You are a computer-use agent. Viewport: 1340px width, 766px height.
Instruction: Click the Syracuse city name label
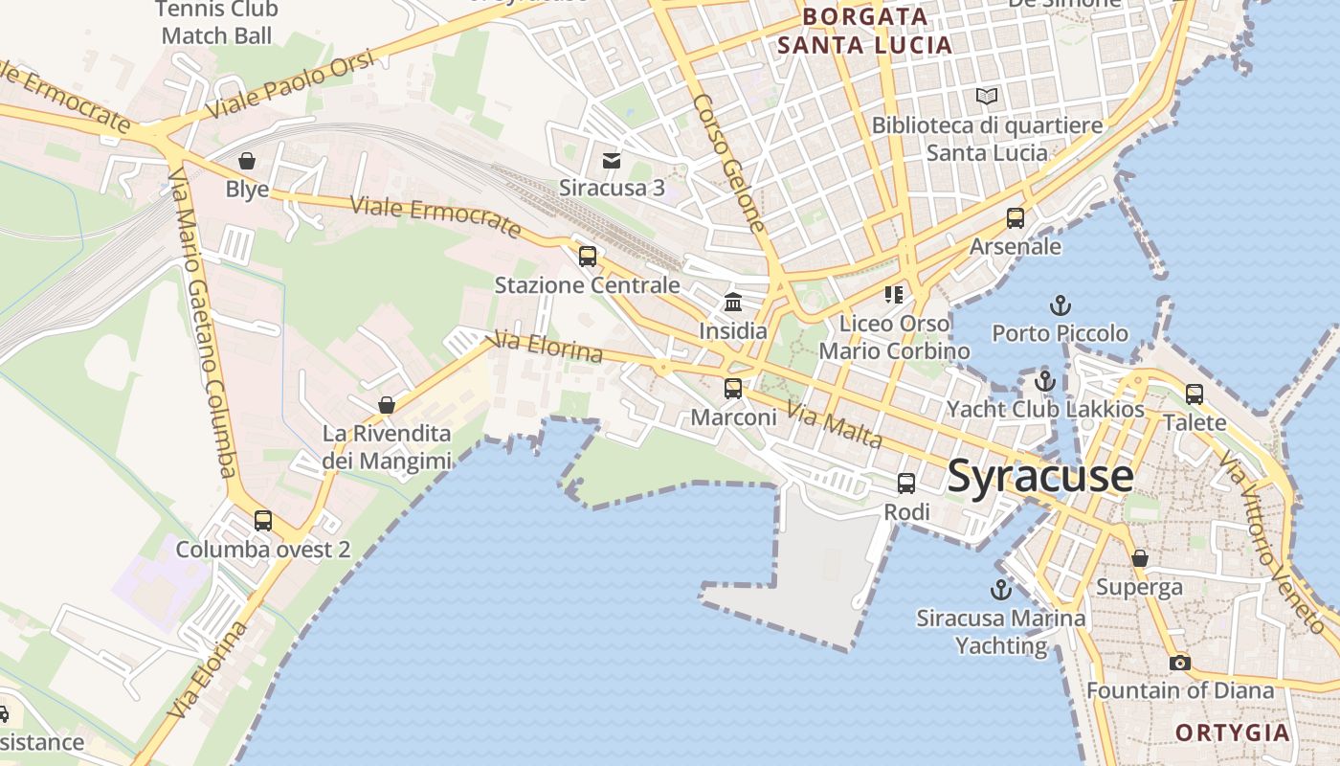(x=1040, y=476)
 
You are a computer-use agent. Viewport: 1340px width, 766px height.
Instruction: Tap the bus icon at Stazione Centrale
(x=588, y=257)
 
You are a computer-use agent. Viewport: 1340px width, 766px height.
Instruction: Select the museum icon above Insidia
(x=733, y=303)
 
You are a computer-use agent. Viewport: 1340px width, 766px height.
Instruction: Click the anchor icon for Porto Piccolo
(x=1060, y=306)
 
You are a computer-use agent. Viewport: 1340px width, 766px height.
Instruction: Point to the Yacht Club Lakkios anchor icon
(x=1044, y=381)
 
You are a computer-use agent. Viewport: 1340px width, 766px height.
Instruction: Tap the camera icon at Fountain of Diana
(x=1179, y=663)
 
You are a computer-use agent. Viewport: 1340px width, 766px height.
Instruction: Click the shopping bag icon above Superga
(x=1139, y=558)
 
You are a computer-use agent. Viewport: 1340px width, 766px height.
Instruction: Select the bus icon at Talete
(x=1194, y=394)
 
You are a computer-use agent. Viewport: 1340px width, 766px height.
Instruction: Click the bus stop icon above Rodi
(x=905, y=484)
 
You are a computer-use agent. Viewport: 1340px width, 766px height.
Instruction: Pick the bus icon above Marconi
(x=733, y=389)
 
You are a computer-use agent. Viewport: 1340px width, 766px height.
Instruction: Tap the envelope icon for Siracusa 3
(x=611, y=160)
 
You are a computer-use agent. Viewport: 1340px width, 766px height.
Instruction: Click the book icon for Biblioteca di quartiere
(x=986, y=97)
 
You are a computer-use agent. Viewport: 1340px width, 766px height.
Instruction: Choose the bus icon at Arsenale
(x=1016, y=218)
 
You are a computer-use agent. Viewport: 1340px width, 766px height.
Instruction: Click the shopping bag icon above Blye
(x=247, y=161)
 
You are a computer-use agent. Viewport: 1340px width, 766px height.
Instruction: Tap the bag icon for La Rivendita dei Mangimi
(x=387, y=405)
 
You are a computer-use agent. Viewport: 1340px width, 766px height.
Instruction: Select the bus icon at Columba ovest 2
(x=263, y=521)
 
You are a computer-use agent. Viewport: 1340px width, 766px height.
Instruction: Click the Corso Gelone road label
(x=729, y=163)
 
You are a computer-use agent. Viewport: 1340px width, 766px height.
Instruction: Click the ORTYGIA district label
(x=1233, y=732)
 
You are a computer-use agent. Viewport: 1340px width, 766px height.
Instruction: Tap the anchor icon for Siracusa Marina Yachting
(x=1001, y=590)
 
